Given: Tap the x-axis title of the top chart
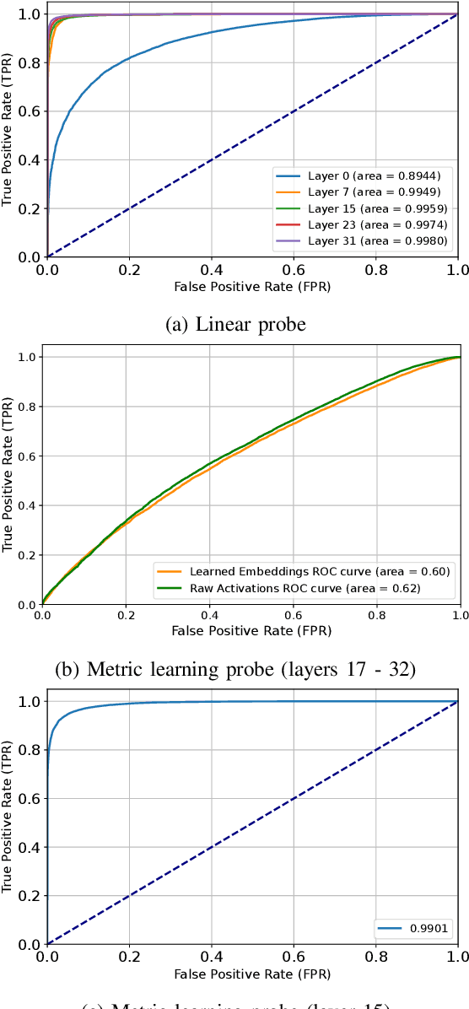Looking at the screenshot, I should (x=252, y=287).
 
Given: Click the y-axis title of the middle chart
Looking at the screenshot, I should (x=8, y=481).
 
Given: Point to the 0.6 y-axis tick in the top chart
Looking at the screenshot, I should (x=31, y=111).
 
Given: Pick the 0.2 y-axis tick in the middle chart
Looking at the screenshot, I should (x=27, y=555).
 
